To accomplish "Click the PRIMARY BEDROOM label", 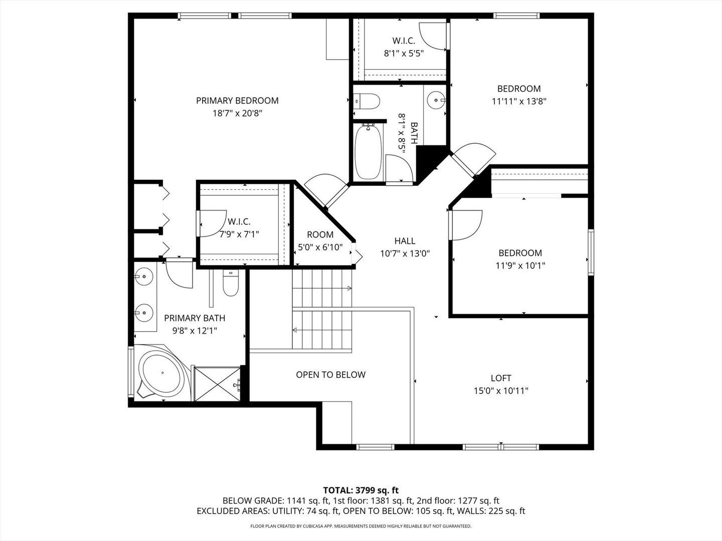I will (x=237, y=101).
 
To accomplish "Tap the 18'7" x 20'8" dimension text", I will (x=237, y=114).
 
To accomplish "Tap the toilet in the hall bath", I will (x=367, y=102).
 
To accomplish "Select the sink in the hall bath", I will (x=435, y=100).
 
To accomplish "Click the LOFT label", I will (x=501, y=378).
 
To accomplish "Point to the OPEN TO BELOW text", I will (x=330, y=375).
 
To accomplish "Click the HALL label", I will (x=405, y=241).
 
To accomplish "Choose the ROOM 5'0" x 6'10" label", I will (x=320, y=241).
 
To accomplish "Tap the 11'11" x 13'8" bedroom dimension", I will (x=519, y=101).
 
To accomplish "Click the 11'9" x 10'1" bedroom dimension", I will (x=520, y=266).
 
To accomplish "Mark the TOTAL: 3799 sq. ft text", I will (x=360, y=490).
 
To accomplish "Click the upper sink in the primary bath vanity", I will (x=144, y=276).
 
